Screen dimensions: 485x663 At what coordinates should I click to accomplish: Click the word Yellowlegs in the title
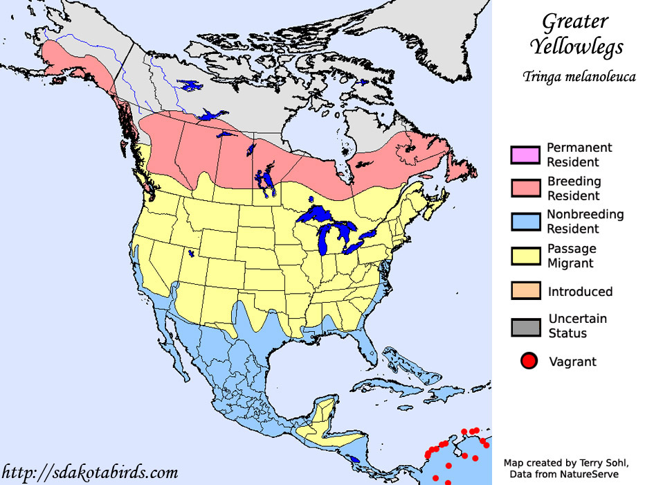pos(576,46)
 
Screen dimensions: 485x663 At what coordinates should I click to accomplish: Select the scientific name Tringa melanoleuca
pos(579,76)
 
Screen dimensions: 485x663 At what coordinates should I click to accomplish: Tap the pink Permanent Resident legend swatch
pos(525,155)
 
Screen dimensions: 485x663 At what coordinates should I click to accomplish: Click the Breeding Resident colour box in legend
pos(525,188)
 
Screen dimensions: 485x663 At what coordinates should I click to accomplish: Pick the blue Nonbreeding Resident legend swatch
pos(525,222)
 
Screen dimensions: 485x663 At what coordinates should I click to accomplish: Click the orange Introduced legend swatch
pos(525,291)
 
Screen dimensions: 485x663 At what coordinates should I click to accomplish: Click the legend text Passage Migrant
pos(571,256)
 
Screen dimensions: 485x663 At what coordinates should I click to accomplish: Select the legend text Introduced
pos(580,292)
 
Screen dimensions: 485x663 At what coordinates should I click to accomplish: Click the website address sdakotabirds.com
pos(89,473)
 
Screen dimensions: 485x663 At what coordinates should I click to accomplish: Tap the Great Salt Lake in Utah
pos(191,254)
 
